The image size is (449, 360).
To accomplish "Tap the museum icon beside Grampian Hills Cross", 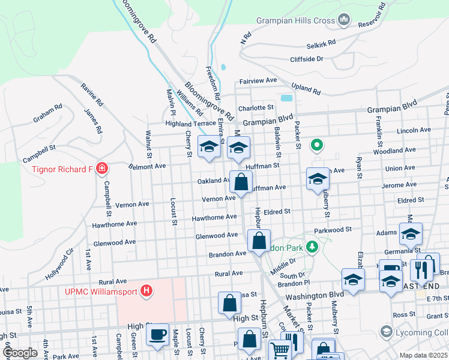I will coord(344,20).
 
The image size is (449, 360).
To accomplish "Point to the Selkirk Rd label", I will coord(321,44).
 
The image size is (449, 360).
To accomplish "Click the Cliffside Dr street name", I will coord(307,59).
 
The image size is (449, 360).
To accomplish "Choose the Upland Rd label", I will coord(306,88).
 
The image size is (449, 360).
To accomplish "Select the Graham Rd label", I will coord(48,114).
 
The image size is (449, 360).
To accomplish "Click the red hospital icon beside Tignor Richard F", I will coord(102,169).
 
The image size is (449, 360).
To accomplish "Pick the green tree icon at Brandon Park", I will coord(312,247).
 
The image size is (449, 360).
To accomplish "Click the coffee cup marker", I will coord(157,334).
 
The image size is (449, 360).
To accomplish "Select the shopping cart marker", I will coord(280,350).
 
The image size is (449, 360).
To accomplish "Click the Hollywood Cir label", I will coord(61,263).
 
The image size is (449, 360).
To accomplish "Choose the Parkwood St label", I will coord(332,229).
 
